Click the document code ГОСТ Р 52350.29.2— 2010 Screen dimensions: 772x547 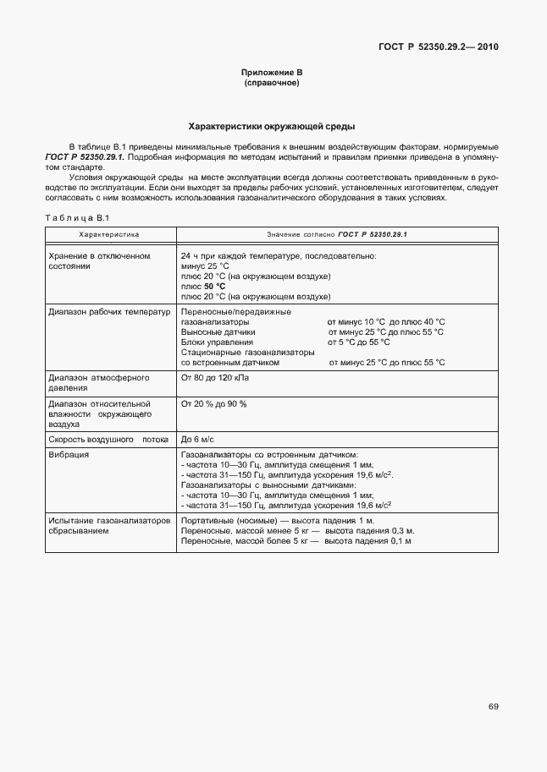[438, 47]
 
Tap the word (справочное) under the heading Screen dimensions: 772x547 [272, 84]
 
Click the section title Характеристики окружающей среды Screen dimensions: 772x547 [272, 127]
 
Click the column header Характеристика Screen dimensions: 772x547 [109, 234]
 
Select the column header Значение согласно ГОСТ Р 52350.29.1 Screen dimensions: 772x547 [337, 234]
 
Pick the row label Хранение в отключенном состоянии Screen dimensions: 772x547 [99, 260]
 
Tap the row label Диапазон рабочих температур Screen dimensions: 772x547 [109, 312]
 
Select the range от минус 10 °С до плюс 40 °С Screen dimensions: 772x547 [385, 322]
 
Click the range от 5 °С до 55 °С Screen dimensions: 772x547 [358, 342]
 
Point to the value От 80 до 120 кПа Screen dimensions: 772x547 [216, 378]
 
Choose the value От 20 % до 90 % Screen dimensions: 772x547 [213, 404]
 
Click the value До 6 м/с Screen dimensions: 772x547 [197, 440]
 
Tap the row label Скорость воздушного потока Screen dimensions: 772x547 [109, 440]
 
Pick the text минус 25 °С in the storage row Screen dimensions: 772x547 [200, 266]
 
